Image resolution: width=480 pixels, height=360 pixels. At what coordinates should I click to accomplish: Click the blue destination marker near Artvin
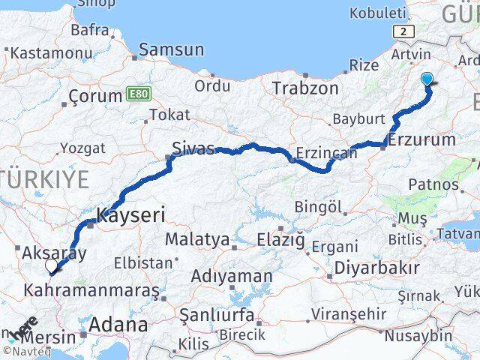click(x=427, y=79)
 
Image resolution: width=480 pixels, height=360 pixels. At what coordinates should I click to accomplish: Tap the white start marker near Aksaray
click(x=51, y=265)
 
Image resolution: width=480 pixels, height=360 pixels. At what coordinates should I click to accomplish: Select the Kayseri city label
click(x=130, y=214)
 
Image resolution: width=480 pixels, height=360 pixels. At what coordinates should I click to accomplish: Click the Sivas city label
click(x=193, y=147)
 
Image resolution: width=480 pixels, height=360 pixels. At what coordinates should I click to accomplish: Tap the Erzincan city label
click(x=326, y=153)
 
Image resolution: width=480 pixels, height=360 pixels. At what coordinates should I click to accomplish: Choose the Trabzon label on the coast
click(x=305, y=88)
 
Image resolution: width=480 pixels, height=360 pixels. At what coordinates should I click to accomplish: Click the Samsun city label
click(x=171, y=49)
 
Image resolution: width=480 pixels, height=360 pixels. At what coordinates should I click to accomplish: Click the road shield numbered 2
click(x=405, y=31)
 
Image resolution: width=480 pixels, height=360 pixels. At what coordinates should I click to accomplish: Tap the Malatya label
click(x=196, y=239)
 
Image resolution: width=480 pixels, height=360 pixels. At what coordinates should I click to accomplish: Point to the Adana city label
click(x=118, y=325)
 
